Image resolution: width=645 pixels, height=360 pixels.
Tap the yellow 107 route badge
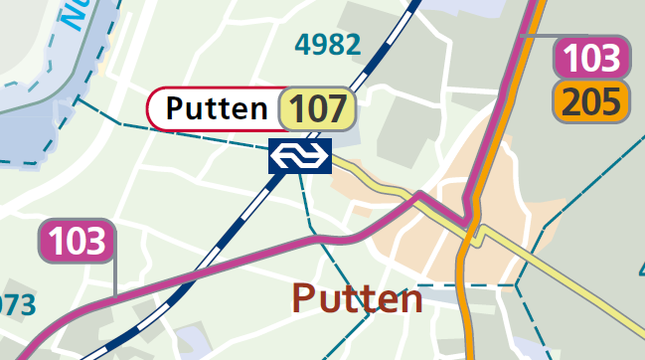tap(319, 109)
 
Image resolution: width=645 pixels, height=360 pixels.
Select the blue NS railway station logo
tap(299, 156)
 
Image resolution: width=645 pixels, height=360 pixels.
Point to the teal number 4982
tap(328, 44)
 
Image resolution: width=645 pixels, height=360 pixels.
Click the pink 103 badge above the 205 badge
tap(592, 58)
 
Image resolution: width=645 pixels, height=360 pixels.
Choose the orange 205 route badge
tap(592, 101)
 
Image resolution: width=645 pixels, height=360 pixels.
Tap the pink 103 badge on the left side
tap(77, 242)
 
